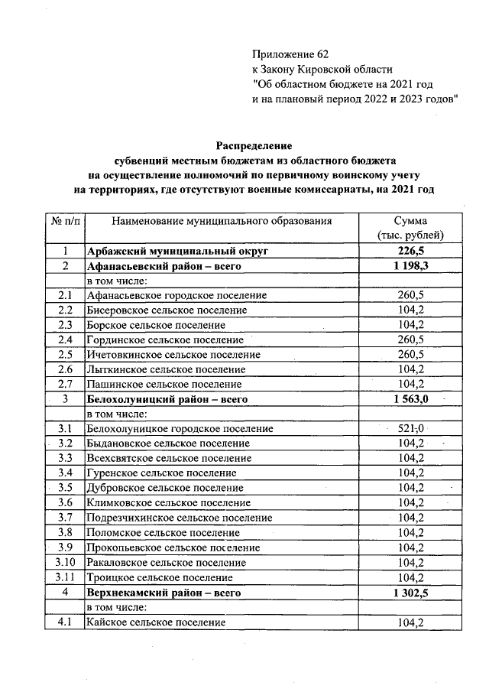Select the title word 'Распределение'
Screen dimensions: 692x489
tap(254, 145)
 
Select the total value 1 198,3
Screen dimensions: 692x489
tap(415, 266)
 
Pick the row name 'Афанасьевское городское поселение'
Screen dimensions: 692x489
tap(176, 295)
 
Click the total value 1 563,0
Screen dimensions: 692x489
tap(415, 399)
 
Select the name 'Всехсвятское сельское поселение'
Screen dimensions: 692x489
tap(169, 459)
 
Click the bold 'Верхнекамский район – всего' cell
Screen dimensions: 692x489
tap(164, 593)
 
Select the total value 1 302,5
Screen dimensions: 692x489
tap(415, 593)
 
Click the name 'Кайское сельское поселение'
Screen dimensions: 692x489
tap(156, 622)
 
